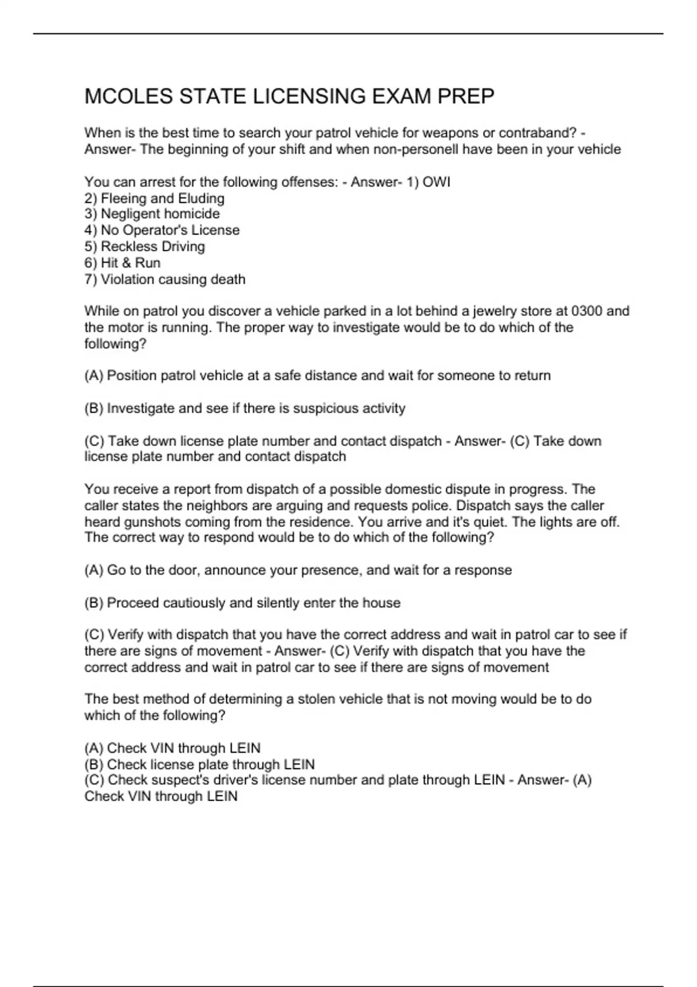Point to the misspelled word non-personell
(416, 149)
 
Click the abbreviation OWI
(436, 182)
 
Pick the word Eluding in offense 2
(201, 199)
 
